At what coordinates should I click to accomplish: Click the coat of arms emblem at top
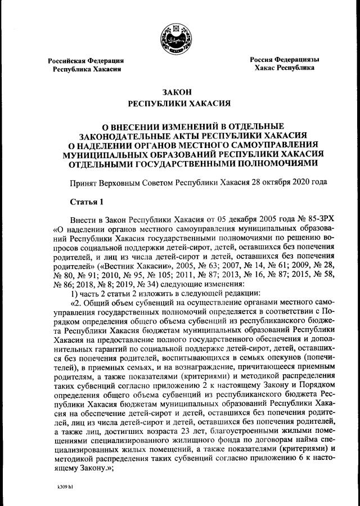(179, 35)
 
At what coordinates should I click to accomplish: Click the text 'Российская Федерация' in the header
(85, 60)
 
